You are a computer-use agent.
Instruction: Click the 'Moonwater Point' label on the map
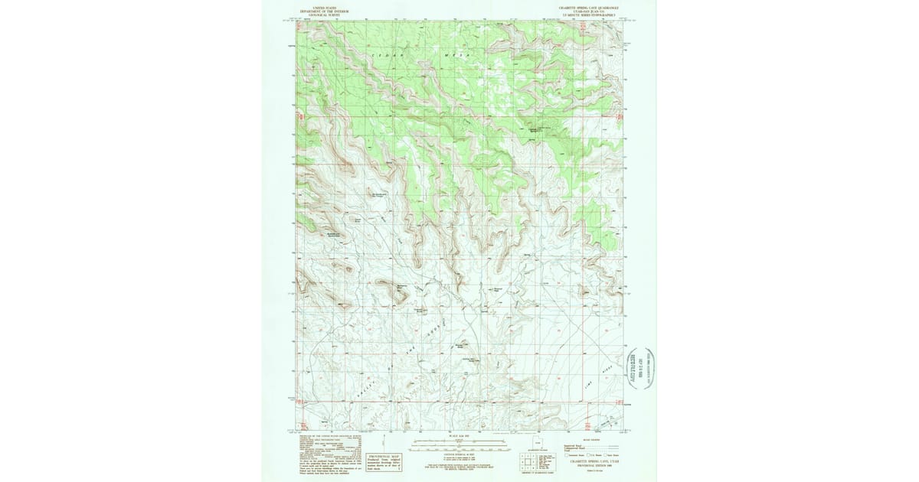tap(497, 290)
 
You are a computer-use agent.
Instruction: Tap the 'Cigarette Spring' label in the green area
tap(541, 129)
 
